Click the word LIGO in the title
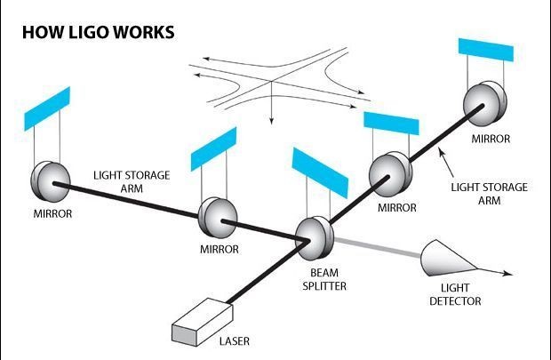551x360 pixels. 87,33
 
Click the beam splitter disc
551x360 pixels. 312,233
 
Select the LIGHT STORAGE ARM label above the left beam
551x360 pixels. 132,181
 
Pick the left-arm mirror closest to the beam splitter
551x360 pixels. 215,213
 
